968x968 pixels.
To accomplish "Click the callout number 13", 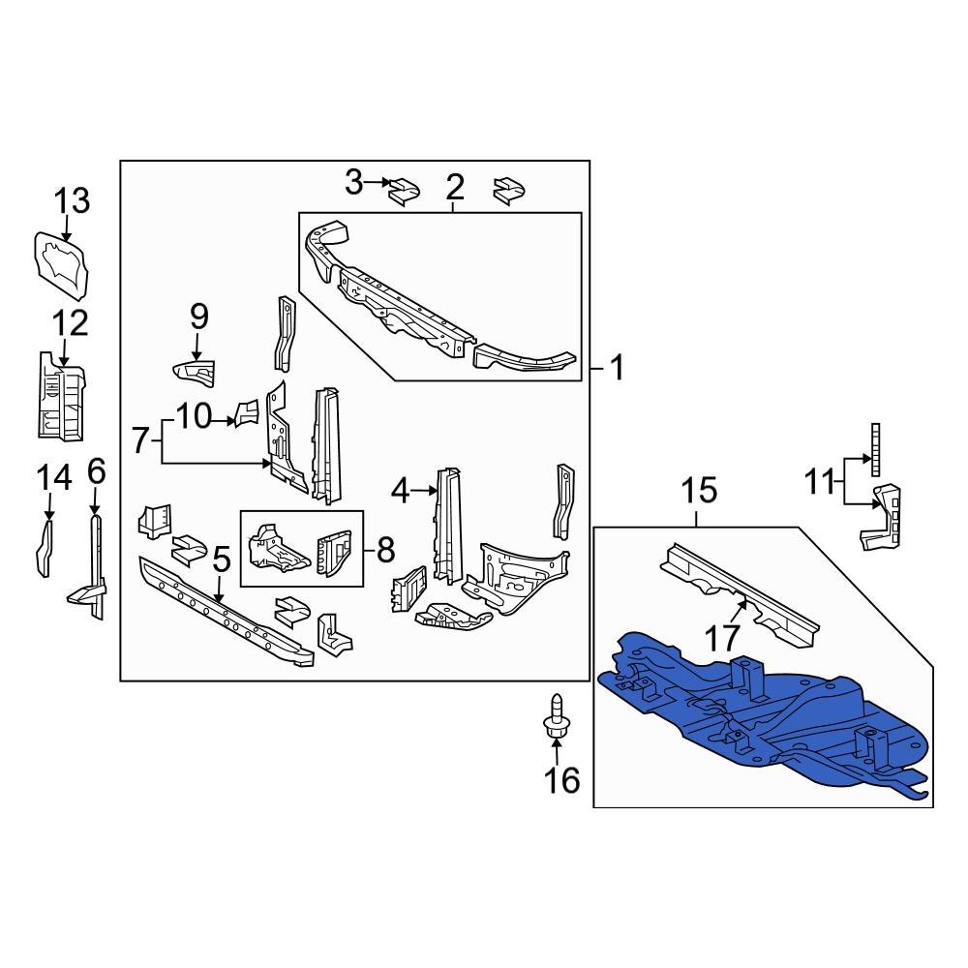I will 72,201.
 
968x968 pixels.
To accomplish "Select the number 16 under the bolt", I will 562,778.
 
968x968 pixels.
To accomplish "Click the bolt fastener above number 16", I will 556,719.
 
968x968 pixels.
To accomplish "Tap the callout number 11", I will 819,480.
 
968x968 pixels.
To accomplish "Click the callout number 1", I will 617,369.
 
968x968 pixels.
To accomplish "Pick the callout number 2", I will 454,186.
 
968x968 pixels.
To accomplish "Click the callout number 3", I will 354,180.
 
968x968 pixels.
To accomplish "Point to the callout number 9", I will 198,316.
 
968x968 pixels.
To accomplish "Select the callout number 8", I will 385,550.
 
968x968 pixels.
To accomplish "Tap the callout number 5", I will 221,560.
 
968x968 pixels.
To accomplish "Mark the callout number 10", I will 194,417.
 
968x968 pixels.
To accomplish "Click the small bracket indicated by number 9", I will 192,371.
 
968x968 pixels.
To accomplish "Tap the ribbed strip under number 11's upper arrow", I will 875,450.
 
